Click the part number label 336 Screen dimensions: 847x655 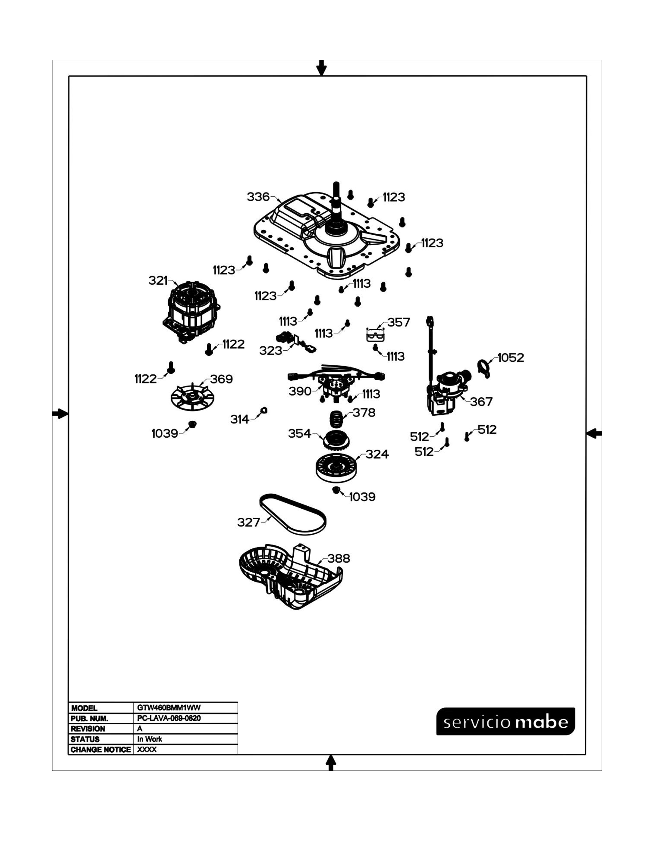coord(258,197)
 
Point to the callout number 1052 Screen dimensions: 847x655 coord(511,358)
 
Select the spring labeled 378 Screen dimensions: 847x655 coord(336,419)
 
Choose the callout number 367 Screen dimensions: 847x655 coord(481,402)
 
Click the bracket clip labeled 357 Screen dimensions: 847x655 coord(375,334)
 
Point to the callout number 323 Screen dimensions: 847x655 coord(270,351)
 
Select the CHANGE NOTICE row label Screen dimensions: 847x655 coord(100,750)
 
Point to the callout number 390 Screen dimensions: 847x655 coord(300,391)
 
